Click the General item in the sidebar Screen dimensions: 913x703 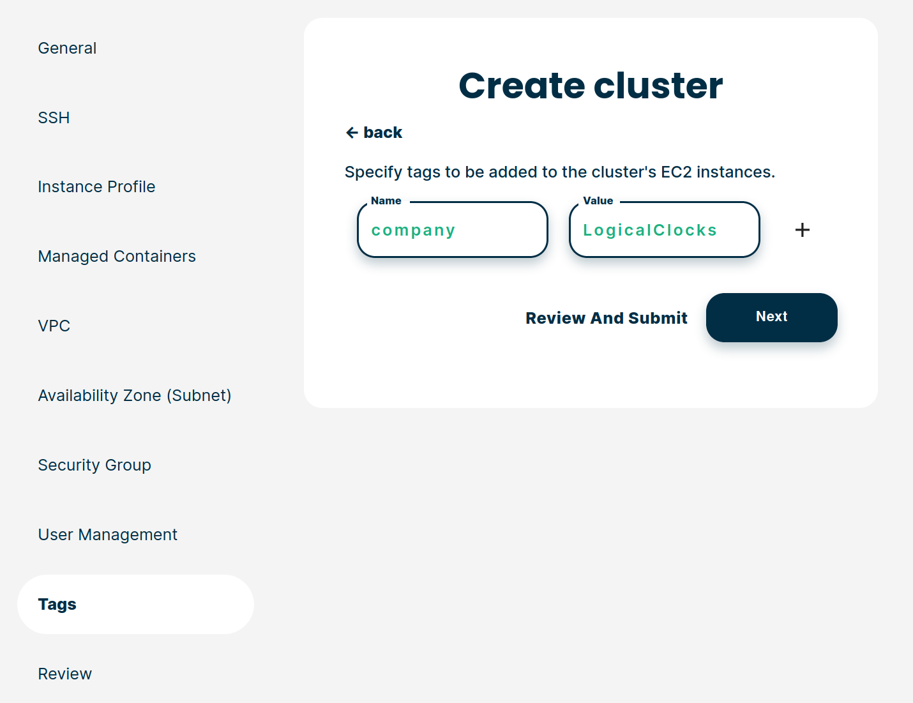(67, 49)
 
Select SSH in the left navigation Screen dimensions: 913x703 (54, 117)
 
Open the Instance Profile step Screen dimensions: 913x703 (96, 186)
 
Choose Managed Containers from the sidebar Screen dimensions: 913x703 (117, 256)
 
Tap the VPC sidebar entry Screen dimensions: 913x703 (54, 326)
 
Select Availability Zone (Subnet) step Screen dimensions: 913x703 (135, 395)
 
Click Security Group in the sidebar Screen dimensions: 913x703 (94, 465)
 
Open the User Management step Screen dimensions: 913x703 (107, 534)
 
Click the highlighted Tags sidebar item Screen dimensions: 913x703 (135, 604)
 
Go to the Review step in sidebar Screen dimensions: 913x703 (64, 674)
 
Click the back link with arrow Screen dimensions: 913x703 (373, 132)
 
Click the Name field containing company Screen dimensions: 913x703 (453, 230)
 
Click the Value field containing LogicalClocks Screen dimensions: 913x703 (664, 230)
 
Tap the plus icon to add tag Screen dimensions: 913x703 (802, 230)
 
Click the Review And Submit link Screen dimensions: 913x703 (607, 318)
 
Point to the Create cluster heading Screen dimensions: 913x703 (591, 86)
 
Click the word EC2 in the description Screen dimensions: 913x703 (676, 172)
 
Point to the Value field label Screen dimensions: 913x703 (598, 201)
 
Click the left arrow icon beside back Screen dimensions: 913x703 (352, 133)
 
